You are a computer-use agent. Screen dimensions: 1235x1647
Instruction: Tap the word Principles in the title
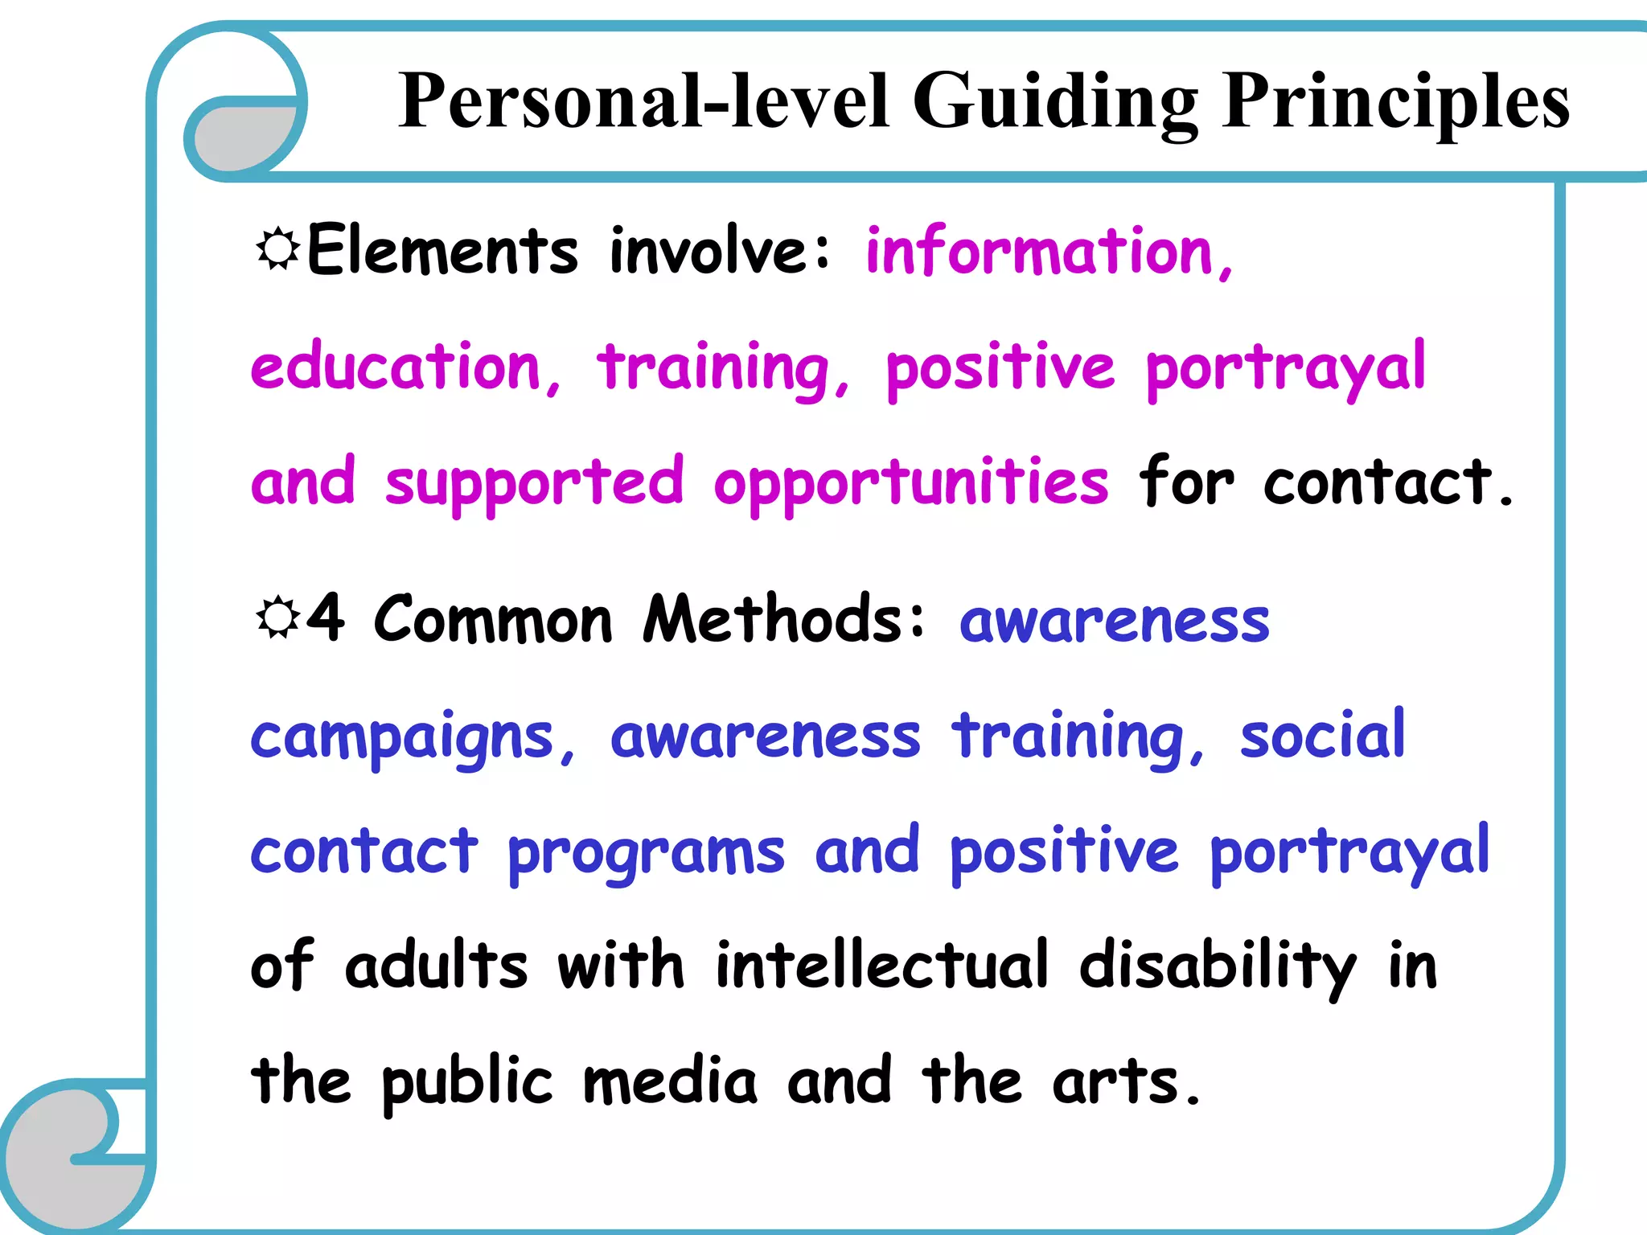(1395, 102)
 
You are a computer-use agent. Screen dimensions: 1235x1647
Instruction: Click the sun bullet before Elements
(277, 248)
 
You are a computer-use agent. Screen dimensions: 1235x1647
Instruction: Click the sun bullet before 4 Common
(277, 617)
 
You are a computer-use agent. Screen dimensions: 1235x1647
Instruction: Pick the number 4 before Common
(327, 617)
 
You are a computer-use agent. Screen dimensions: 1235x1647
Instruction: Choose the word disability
(1218, 966)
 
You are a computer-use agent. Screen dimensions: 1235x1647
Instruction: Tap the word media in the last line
(670, 1081)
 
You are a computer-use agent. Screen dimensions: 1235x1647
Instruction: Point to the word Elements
(442, 251)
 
